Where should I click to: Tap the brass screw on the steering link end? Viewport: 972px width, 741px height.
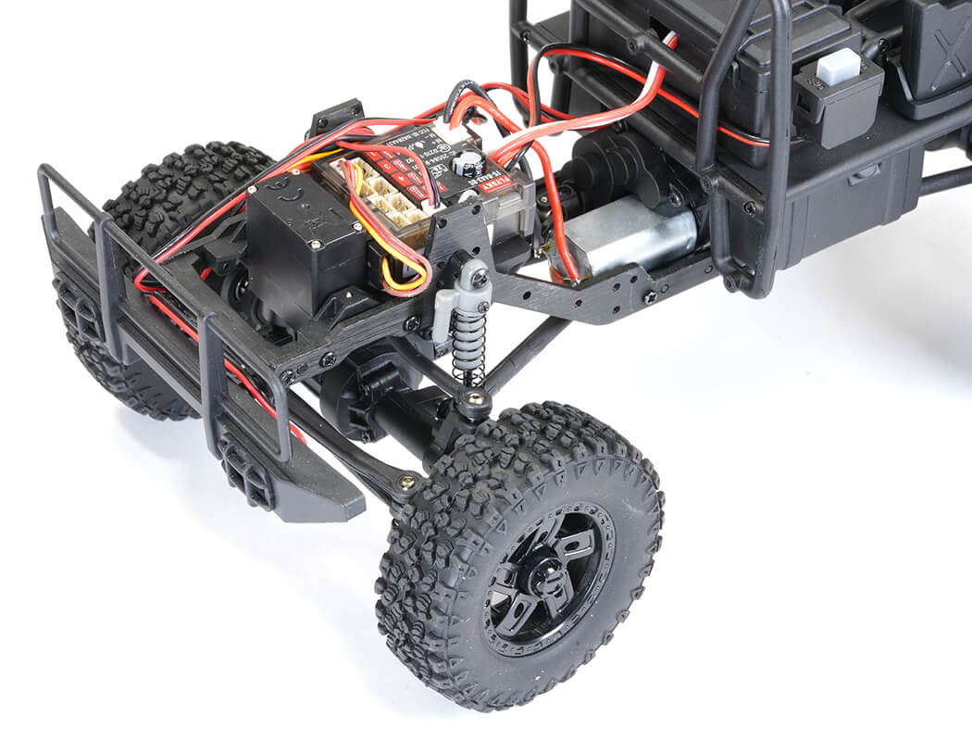point(406,481)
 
